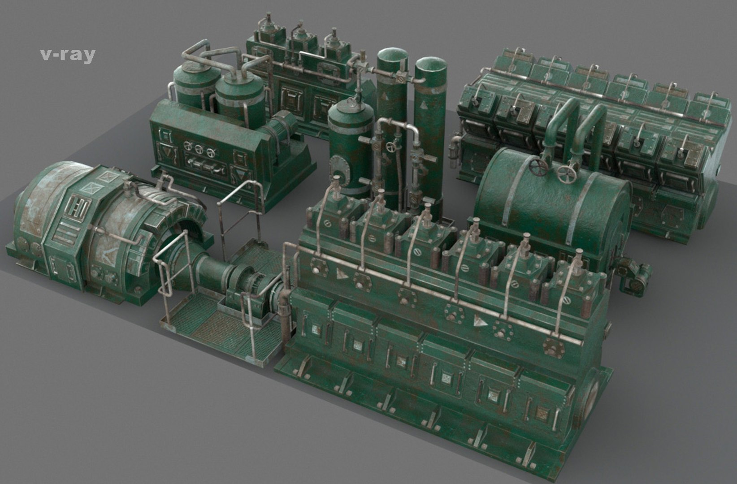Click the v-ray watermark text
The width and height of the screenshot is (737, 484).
[67, 54]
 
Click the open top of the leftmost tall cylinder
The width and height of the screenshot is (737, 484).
[392, 56]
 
